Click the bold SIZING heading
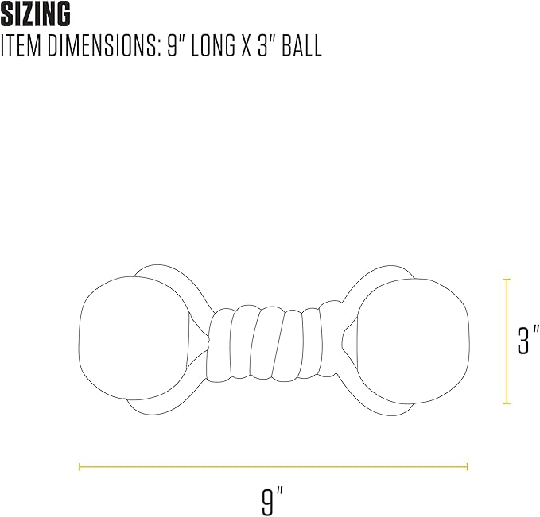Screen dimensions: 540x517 coord(36,14)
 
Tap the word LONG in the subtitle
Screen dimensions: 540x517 coord(213,45)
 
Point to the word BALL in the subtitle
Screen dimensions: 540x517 coord(301,45)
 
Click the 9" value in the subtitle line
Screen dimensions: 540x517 coord(177,45)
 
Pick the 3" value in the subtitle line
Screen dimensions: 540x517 coord(267,45)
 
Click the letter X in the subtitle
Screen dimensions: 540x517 coord(247,45)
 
